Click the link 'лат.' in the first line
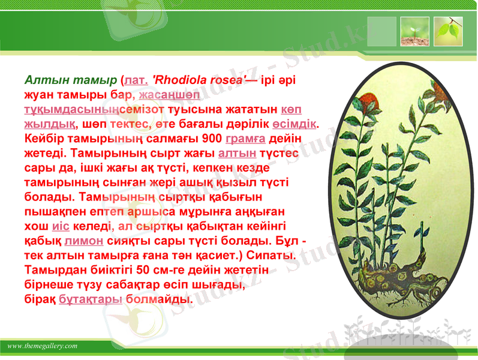click(x=136, y=80)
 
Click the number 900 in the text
click(x=213, y=138)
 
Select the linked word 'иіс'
click(x=62, y=226)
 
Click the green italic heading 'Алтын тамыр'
click(x=71, y=80)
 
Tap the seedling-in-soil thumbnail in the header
click(x=415, y=31)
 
